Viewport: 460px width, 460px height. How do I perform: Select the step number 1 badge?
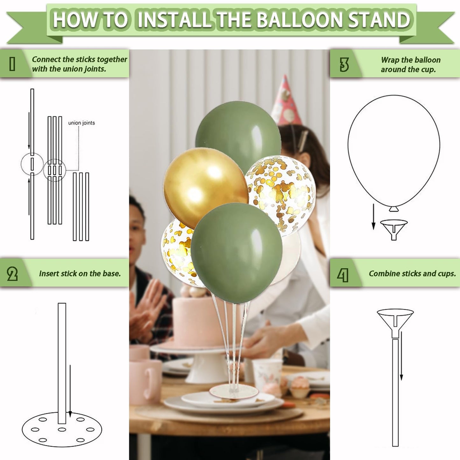pyautogui.click(x=12, y=64)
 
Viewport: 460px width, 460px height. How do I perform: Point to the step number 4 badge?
pyautogui.click(x=343, y=275)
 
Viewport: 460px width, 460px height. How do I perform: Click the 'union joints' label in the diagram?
pyautogui.click(x=81, y=123)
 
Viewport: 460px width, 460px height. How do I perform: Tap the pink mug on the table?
pyautogui.click(x=145, y=380)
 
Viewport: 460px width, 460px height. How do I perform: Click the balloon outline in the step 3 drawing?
pyautogui.click(x=394, y=150)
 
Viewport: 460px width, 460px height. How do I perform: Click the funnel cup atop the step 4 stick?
pyautogui.click(x=395, y=320)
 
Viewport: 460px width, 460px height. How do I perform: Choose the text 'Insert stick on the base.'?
pyautogui.click(x=80, y=273)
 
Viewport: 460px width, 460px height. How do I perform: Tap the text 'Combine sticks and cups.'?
pyautogui.click(x=412, y=273)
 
